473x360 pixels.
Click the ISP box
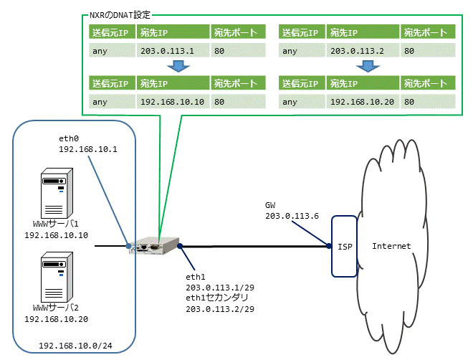[344, 246]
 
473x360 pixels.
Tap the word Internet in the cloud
[391, 246]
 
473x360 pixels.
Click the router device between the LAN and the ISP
[154, 246]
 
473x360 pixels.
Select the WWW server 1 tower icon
[57, 193]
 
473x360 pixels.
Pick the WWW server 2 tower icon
[57, 277]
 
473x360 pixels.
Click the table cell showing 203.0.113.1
[173, 50]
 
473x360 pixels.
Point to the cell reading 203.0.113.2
[363, 50]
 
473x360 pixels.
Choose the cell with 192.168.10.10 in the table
[173, 102]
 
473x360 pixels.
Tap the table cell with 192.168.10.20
[363, 102]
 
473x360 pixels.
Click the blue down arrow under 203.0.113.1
[178, 66]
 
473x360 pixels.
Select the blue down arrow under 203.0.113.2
[368, 66]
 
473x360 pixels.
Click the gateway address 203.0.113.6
[292, 216]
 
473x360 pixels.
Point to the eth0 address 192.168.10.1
[88, 149]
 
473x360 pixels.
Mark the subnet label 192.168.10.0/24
[75, 346]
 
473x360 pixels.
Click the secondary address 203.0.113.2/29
[220, 309]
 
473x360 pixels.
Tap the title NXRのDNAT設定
[120, 15]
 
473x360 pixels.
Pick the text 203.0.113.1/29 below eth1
[220, 288]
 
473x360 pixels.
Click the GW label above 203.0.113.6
[270, 206]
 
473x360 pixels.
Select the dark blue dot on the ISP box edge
[329, 246]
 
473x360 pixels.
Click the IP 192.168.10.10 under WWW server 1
[57, 235]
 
